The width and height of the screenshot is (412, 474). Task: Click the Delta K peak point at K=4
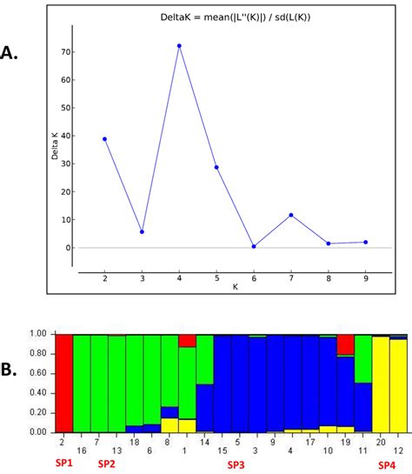click(179, 45)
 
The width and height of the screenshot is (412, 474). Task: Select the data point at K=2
click(104, 139)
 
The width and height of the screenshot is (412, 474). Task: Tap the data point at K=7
click(291, 215)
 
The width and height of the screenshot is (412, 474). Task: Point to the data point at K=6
click(254, 246)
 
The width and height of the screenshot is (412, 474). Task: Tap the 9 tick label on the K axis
click(366, 277)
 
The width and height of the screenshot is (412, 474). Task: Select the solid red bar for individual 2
click(63, 383)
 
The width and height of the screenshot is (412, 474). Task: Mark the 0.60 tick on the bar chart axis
click(40, 373)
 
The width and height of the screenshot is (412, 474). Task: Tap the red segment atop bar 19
click(345, 344)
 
